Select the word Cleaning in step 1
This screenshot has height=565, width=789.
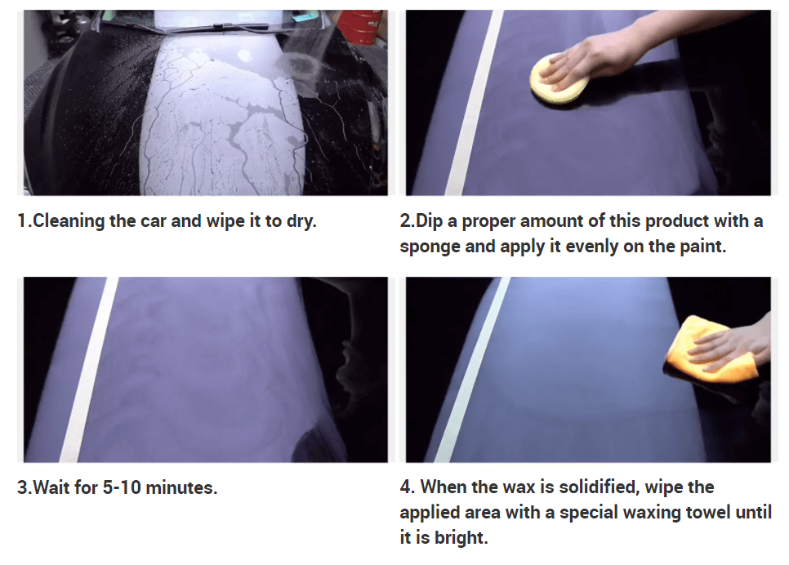click(x=69, y=221)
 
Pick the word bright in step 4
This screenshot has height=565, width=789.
click(x=461, y=538)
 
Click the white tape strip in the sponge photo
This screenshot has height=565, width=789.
click(x=473, y=103)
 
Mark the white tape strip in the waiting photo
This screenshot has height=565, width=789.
click(x=88, y=370)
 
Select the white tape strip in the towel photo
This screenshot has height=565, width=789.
click(x=470, y=370)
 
